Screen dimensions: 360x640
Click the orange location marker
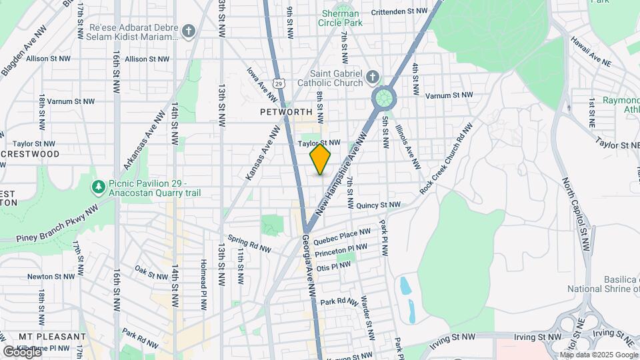321,159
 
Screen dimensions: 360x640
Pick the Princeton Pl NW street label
341,250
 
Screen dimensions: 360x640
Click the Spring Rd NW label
249,243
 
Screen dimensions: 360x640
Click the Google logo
21,351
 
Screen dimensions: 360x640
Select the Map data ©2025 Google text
599,355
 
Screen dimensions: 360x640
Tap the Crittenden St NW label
399,11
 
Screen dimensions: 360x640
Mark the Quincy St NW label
378,205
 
